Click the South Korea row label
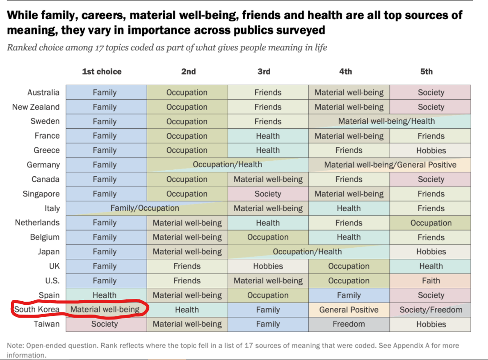[37, 310]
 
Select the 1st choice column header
[102, 71]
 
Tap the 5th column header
[426, 71]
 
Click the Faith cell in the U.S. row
[431, 281]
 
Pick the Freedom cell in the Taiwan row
[349, 324]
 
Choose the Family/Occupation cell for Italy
[145, 208]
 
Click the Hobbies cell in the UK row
[268, 266]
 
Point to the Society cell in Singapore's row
[268, 194]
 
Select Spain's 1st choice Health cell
[104, 295]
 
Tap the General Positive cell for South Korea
[349, 310]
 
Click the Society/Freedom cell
[431, 310]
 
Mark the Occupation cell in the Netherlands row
[431, 223]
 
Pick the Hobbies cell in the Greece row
[431, 151]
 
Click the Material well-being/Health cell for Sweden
[386, 121]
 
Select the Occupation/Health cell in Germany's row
[227, 165]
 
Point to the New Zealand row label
[36, 107]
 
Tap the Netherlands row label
[37, 223]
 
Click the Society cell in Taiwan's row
[104, 324]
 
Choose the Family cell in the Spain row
[349, 295]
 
